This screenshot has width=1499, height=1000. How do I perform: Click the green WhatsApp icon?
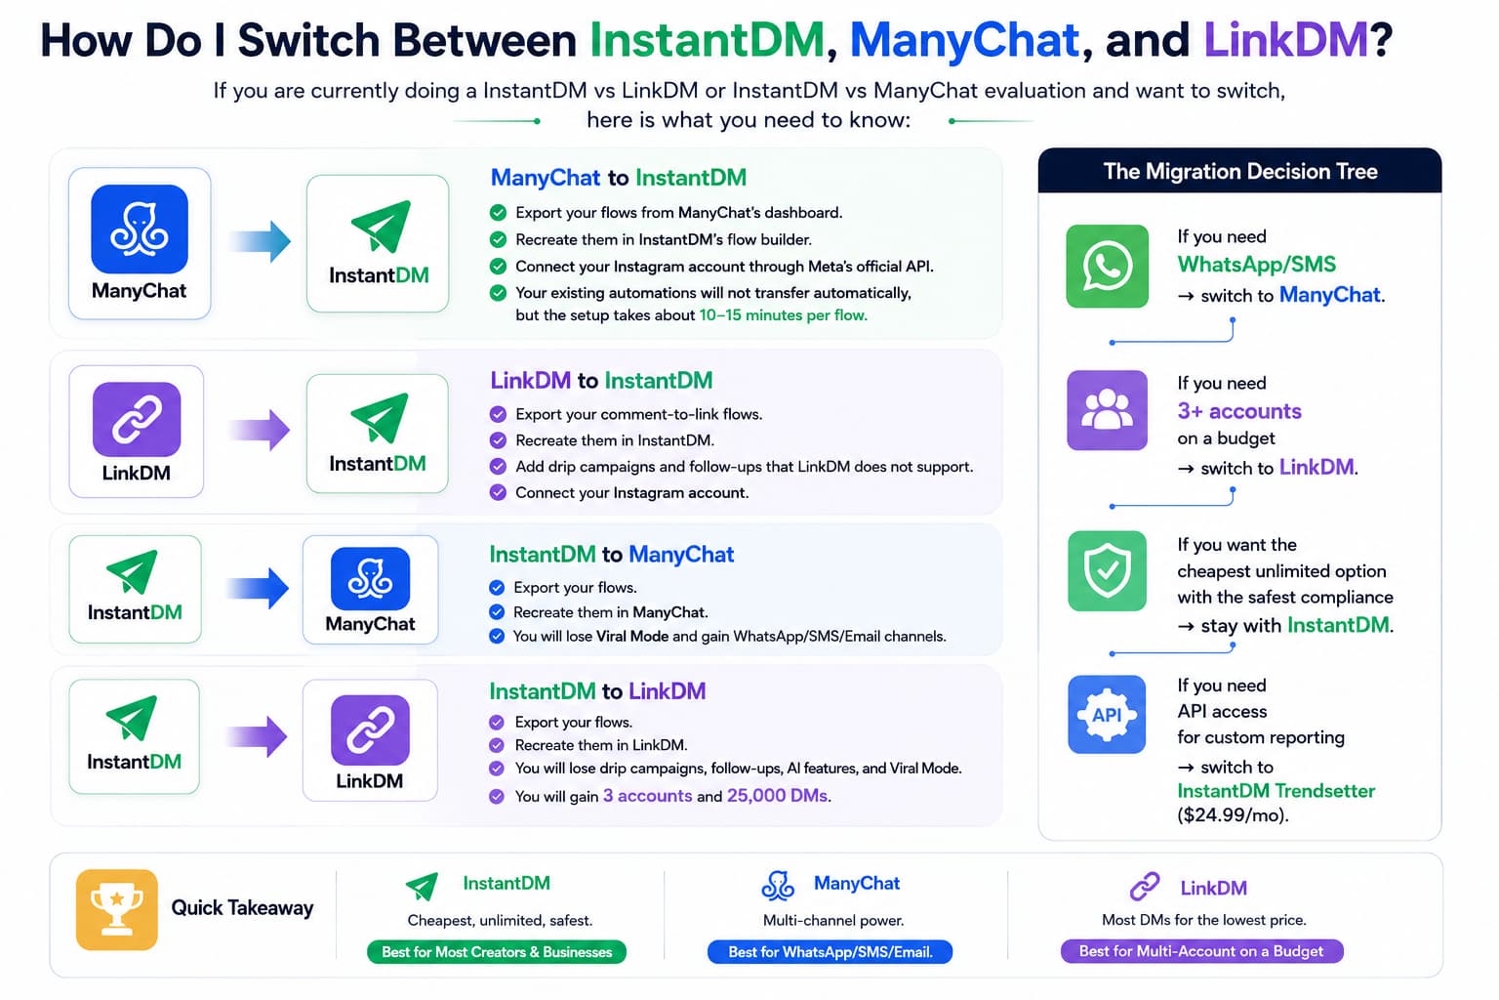[x=1107, y=266]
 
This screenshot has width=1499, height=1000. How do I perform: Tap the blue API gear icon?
[x=1107, y=715]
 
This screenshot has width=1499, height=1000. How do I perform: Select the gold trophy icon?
[x=117, y=909]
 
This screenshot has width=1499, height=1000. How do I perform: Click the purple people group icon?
[x=1107, y=410]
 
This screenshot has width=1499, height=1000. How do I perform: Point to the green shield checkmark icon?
[x=1107, y=570]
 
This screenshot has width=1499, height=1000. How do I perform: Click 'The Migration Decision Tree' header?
[x=1240, y=172]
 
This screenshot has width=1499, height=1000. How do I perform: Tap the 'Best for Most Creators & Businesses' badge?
[x=497, y=952]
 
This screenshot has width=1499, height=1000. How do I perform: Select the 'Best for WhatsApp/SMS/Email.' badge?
[x=830, y=952]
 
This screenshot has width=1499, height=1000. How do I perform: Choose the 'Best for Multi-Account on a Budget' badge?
[x=1201, y=951]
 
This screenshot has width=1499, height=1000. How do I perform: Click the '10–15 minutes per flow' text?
[x=783, y=314]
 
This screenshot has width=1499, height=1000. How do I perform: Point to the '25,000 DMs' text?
[x=778, y=796]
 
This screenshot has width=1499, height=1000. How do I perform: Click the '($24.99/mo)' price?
[x=1233, y=815]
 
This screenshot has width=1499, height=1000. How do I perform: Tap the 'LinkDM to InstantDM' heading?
[x=601, y=381]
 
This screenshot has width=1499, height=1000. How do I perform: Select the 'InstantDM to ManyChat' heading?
[x=612, y=554]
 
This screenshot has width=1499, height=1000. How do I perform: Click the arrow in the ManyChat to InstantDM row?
[x=260, y=241]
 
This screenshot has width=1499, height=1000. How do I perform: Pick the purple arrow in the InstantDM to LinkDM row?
[x=257, y=736]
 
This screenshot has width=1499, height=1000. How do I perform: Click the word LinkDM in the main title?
[x=1285, y=40]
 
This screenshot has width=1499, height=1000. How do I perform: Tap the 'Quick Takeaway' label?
[x=242, y=908]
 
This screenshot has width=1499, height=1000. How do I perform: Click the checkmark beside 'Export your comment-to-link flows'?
[x=498, y=414]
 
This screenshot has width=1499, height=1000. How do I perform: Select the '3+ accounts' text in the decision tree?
[x=1239, y=410]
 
